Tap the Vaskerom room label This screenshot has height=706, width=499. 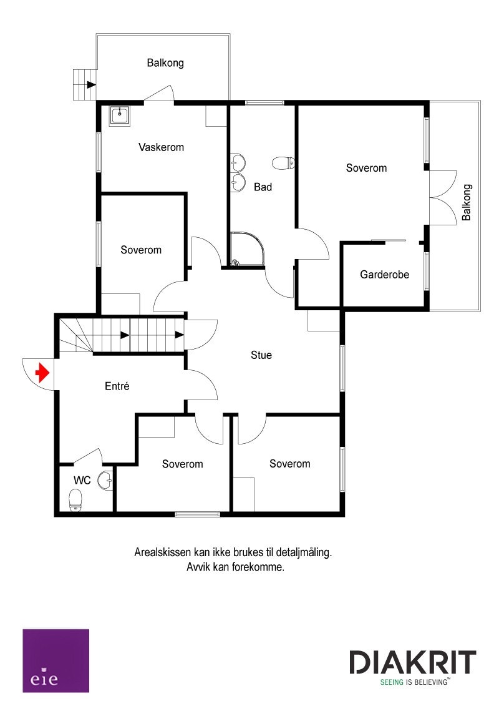[x=161, y=147]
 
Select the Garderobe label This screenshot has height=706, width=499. [x=385, y=273]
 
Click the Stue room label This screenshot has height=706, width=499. [x=261, y=355]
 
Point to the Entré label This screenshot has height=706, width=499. [x=117, y=386]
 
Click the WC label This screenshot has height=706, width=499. [x=82, y=481]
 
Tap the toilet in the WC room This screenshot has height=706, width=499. [x=75, y=499]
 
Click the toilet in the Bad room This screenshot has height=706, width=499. [x=283, y=164]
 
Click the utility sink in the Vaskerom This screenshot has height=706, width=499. [x=119, y=115]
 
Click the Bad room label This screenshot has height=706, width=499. [x=263, y=187]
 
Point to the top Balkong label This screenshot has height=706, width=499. [x=165, y=62]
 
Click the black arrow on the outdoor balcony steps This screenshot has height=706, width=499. [x=91, y=84]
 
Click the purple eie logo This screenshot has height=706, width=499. [x=56, y=660]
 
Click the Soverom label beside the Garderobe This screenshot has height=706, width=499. [x=366, y=168]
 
